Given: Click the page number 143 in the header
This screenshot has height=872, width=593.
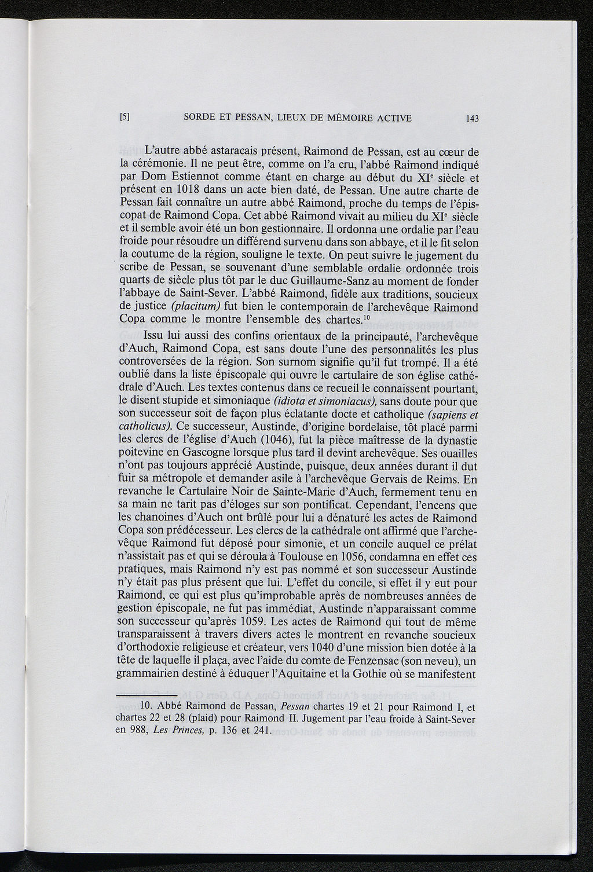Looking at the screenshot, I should pos(471,119).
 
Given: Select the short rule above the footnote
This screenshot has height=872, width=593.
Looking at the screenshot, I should pos(131,694).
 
